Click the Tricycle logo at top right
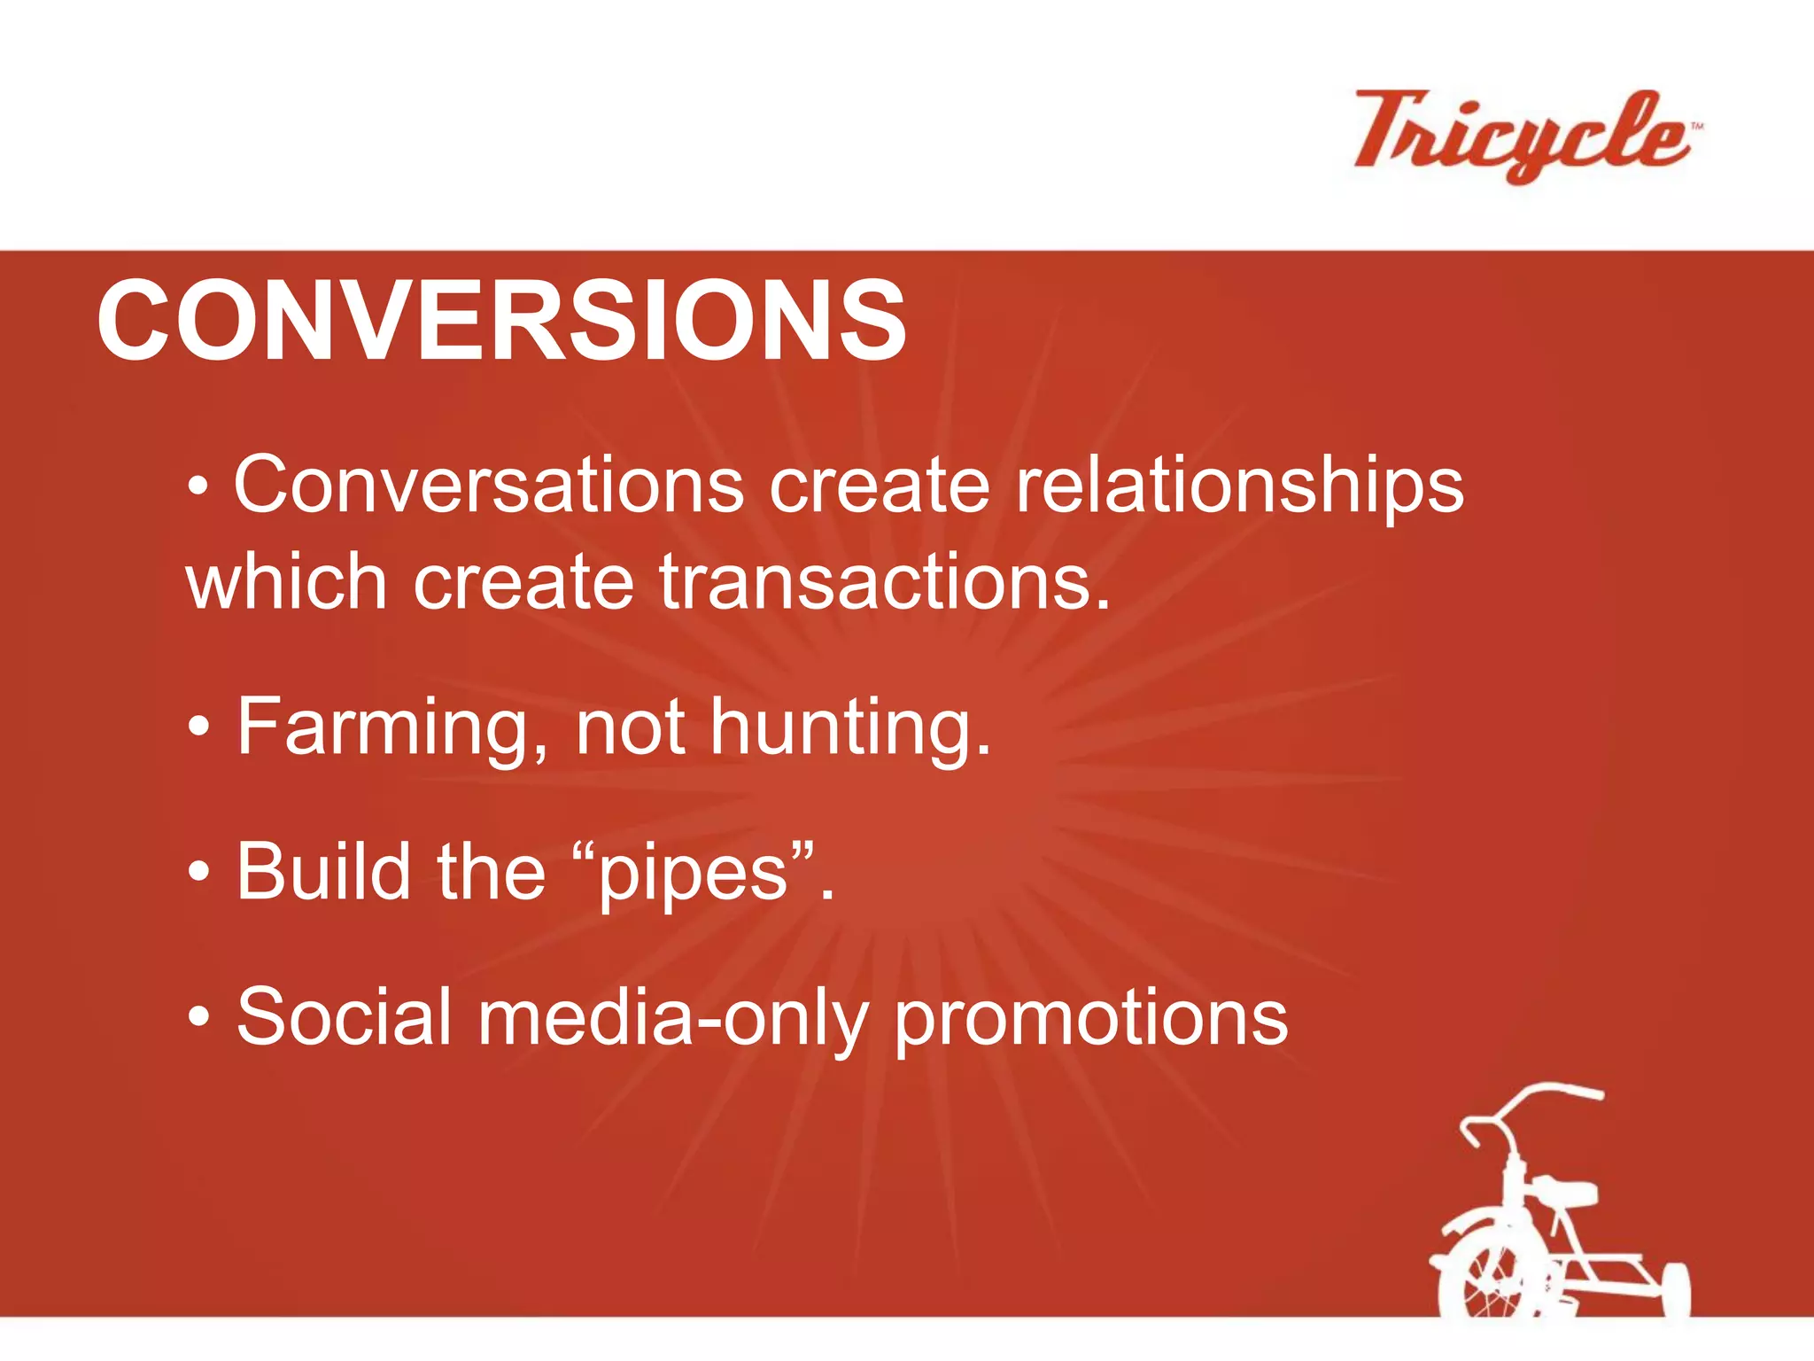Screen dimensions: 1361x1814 1522,135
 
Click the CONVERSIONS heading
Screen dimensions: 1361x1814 501,321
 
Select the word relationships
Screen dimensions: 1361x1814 1239,487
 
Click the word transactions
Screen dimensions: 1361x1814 884,582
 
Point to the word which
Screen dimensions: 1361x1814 286,582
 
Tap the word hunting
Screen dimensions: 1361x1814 849,728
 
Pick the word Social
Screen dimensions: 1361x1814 345,1017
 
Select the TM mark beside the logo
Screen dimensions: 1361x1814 1697,128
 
